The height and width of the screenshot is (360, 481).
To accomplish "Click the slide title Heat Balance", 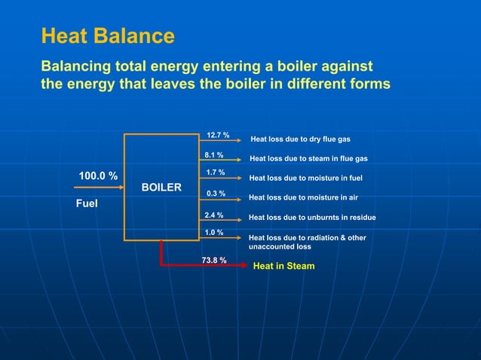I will click(x=107, y=35).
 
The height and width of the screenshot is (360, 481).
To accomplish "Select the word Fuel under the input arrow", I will click(x=86, y=203).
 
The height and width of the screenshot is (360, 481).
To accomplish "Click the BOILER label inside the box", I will click(x=161, y=187).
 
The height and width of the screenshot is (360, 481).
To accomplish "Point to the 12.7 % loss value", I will click(x=218, y=135).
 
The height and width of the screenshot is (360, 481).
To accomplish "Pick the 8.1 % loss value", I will click(x=214, y=155).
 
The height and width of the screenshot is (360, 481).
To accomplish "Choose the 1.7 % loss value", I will click(x=215, y=173).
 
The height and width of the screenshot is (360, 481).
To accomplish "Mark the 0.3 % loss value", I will click(x=215, y=194).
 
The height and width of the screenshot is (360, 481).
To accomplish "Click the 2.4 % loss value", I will click(x=214, y=215).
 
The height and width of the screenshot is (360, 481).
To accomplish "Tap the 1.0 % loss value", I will click(x=214, y=232).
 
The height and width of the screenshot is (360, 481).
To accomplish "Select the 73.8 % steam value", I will click(x=214, y=260).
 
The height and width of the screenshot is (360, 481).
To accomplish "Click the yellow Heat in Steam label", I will click(x=283, y=266).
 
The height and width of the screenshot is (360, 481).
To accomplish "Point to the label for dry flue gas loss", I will click(x=300, y=139).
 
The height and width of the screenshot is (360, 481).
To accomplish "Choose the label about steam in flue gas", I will click(x=308, y=159).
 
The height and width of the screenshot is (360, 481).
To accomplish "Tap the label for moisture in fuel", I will click(x=305, y=178).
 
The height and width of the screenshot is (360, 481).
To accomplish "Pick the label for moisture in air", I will click(x=303, y=197).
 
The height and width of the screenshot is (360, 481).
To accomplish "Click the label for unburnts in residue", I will click(x=312, y=218).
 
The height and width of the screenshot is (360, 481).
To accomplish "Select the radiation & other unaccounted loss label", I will click(x=307, y=242).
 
